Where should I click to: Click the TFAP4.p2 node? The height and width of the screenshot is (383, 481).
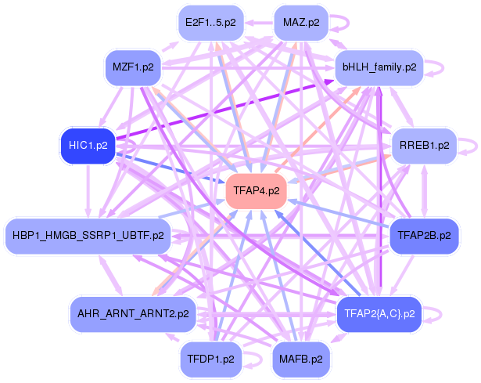257,191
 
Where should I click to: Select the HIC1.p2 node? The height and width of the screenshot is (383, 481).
88,146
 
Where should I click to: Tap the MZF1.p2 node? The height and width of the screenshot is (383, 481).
133,67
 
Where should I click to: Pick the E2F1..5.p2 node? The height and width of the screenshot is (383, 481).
210,23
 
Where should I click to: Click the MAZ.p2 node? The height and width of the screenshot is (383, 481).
301,23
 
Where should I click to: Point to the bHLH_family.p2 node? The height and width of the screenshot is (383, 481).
379,67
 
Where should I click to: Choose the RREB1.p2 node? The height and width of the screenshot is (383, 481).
424,146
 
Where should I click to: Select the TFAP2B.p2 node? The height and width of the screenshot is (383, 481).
424,236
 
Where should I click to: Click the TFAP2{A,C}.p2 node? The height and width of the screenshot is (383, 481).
379,314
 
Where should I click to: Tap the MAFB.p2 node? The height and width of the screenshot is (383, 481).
301,359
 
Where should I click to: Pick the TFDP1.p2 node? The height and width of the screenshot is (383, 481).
210,359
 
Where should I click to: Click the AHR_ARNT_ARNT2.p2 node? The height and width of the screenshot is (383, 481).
133,314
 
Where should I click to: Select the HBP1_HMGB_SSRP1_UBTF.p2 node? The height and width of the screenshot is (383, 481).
88,236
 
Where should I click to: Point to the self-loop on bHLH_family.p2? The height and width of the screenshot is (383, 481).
443,67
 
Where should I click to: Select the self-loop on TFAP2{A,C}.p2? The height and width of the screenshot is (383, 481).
441,314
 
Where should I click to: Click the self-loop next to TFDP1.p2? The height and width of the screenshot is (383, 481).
261,359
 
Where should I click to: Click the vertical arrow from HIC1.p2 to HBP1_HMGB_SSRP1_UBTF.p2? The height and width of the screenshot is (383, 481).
88,191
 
